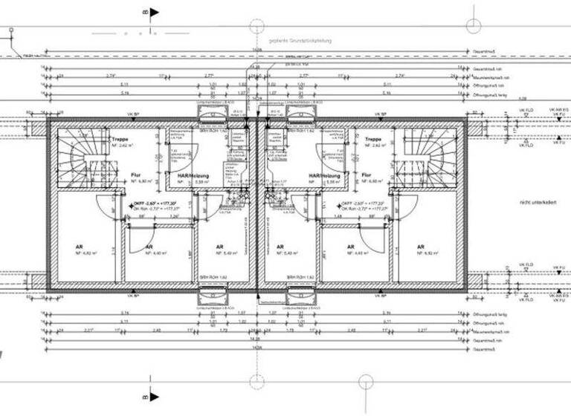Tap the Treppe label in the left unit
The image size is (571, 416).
point(120,140)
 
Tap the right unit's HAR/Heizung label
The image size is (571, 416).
point(325,176)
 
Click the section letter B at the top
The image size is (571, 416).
point(146,12)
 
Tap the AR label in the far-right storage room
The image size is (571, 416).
point(421,247)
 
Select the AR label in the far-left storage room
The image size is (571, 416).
point(79,247)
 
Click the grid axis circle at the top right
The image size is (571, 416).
point(474,25)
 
